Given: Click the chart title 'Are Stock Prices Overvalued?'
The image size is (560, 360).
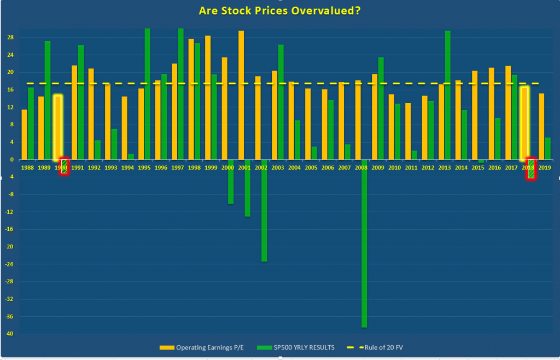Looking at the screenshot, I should point(279,10).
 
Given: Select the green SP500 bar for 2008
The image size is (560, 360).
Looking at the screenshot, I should point(364,243).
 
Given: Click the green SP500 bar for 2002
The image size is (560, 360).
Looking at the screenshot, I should point(264,211).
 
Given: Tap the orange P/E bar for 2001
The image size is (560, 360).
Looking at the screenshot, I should point(241,95).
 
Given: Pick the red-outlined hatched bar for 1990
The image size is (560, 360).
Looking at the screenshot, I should point(64,166).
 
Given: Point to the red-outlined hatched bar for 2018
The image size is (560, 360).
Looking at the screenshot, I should point(530,169).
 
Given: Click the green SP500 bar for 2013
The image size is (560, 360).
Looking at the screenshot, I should point(447,95).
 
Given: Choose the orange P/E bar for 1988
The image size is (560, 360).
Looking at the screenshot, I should point(24,135).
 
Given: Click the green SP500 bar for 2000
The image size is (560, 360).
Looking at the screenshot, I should point(231,182).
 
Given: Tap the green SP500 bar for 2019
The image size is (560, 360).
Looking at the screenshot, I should point(547,148).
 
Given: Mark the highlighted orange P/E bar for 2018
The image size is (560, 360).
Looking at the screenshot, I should point(524,123).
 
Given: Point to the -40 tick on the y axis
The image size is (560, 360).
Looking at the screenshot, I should point(10,334).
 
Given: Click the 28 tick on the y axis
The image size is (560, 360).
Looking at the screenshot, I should point(10,38).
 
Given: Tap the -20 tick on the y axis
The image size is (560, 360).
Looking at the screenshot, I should point(10,247).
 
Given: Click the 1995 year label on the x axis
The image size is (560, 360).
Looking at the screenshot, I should point(144,168).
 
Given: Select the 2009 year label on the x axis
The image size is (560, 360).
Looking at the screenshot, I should point(377,168).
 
